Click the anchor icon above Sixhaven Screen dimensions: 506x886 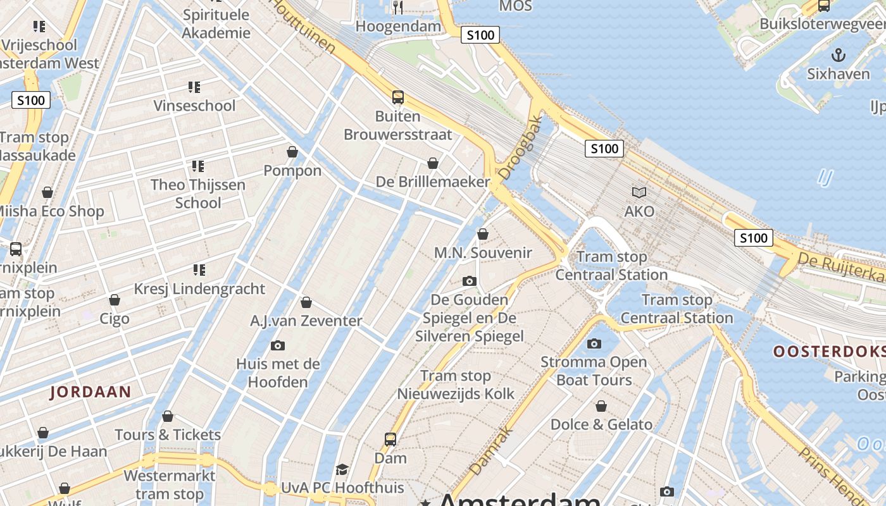click(x=838, y=55)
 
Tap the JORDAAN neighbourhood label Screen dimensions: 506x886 click(x=90, y=392)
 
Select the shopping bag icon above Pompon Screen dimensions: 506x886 click(x=292, y=152)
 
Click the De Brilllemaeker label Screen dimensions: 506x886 click(x=433, y=182)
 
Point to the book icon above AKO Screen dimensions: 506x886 click(x=639, y=192)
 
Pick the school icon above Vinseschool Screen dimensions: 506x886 click(x=194, y=87)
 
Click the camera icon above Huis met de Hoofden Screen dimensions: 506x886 click(x=277, y=345)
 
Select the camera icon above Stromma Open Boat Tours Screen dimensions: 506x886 click(x=594, y=343)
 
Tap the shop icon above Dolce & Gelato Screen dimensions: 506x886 click(x=601, y=405)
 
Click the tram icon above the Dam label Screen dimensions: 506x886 click(x=390, y=439)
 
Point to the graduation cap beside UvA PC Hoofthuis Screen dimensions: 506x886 click(x=342, y=469)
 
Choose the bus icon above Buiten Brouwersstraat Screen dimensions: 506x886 click(x=397, y=97)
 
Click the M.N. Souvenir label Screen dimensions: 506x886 click(x=482, y=253)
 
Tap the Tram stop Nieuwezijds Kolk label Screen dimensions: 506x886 click(x=456, y=385)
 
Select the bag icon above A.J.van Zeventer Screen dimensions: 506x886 click(x=306, y=303)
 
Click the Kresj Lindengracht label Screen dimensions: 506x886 click(x=199, y=289)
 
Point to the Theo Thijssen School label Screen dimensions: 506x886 click(x=198, y=194)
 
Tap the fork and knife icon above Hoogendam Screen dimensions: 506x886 click(x=398, y=8)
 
